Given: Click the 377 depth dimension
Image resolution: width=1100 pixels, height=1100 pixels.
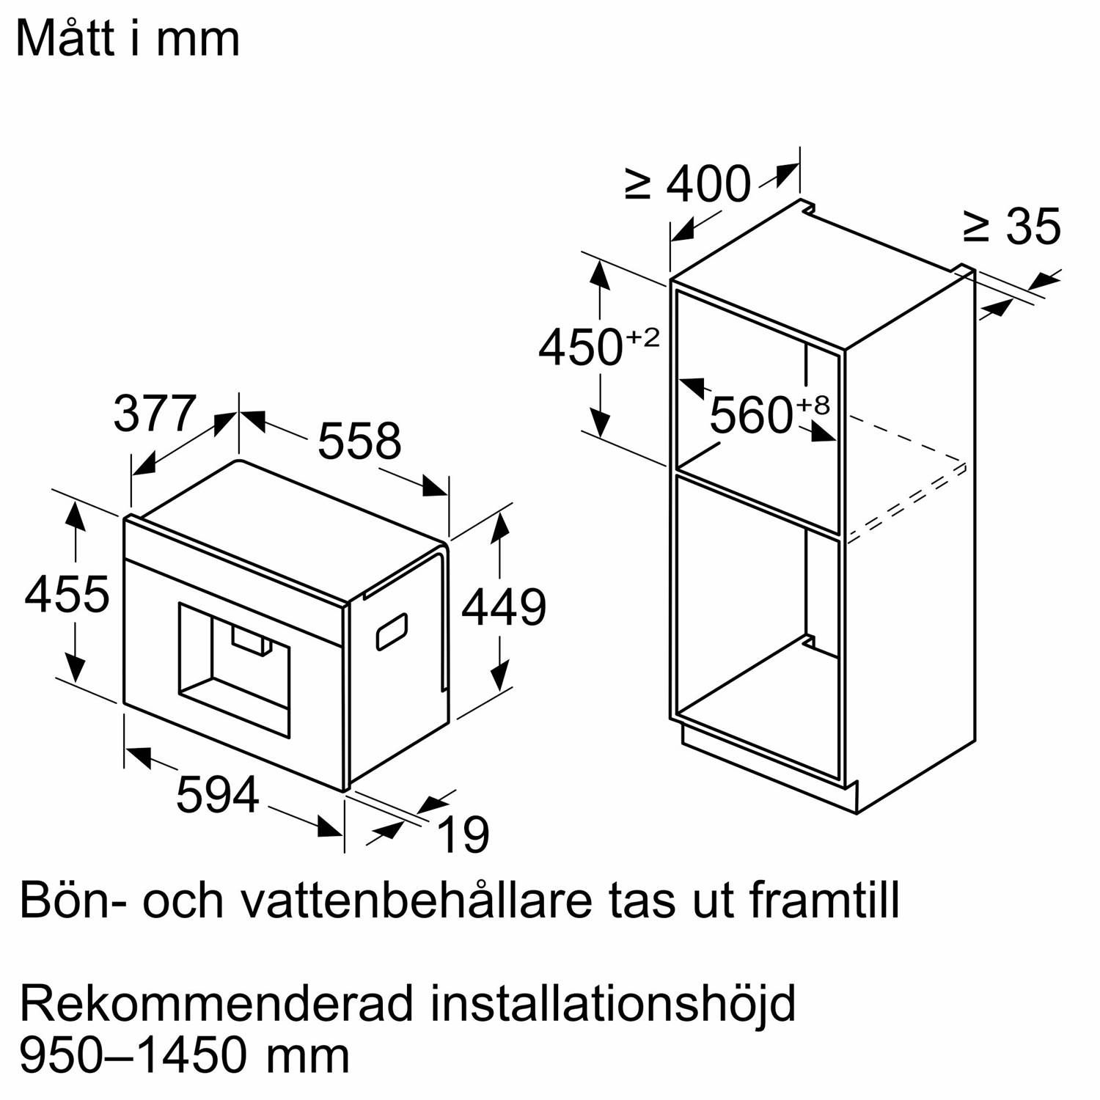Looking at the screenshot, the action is click(155, 413).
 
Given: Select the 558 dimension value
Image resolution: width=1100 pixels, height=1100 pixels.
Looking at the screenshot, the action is click(359, 441).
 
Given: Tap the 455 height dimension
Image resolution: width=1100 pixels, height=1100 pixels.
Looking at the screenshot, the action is click(67, 594).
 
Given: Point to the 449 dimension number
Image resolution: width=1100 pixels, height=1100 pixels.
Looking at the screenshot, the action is click(504, 607).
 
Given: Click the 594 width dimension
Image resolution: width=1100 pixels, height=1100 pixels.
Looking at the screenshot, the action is click(218, 794).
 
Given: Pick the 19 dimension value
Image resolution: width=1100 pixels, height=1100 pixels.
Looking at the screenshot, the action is click(463, 835).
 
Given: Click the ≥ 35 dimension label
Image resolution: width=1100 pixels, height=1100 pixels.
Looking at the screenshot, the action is click(1013, 226).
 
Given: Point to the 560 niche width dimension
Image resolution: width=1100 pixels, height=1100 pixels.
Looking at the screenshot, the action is click(752, 415).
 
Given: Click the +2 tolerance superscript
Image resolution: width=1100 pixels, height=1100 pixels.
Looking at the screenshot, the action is click(643, 338).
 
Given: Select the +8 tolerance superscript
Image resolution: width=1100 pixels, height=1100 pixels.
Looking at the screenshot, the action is click(813, 405).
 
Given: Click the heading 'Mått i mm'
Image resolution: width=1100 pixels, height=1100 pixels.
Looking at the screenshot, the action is click(128, 38).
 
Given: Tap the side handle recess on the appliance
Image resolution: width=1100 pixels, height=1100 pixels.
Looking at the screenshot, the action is click(392, 631).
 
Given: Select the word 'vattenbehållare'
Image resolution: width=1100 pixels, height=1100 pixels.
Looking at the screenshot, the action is click(417, 900).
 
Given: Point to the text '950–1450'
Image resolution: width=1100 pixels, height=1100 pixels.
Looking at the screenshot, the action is click(133, 1055).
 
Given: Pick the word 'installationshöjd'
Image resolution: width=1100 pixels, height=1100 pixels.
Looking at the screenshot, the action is click(613, 1005).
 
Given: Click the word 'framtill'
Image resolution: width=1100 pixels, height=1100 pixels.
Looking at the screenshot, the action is click(824, 900).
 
